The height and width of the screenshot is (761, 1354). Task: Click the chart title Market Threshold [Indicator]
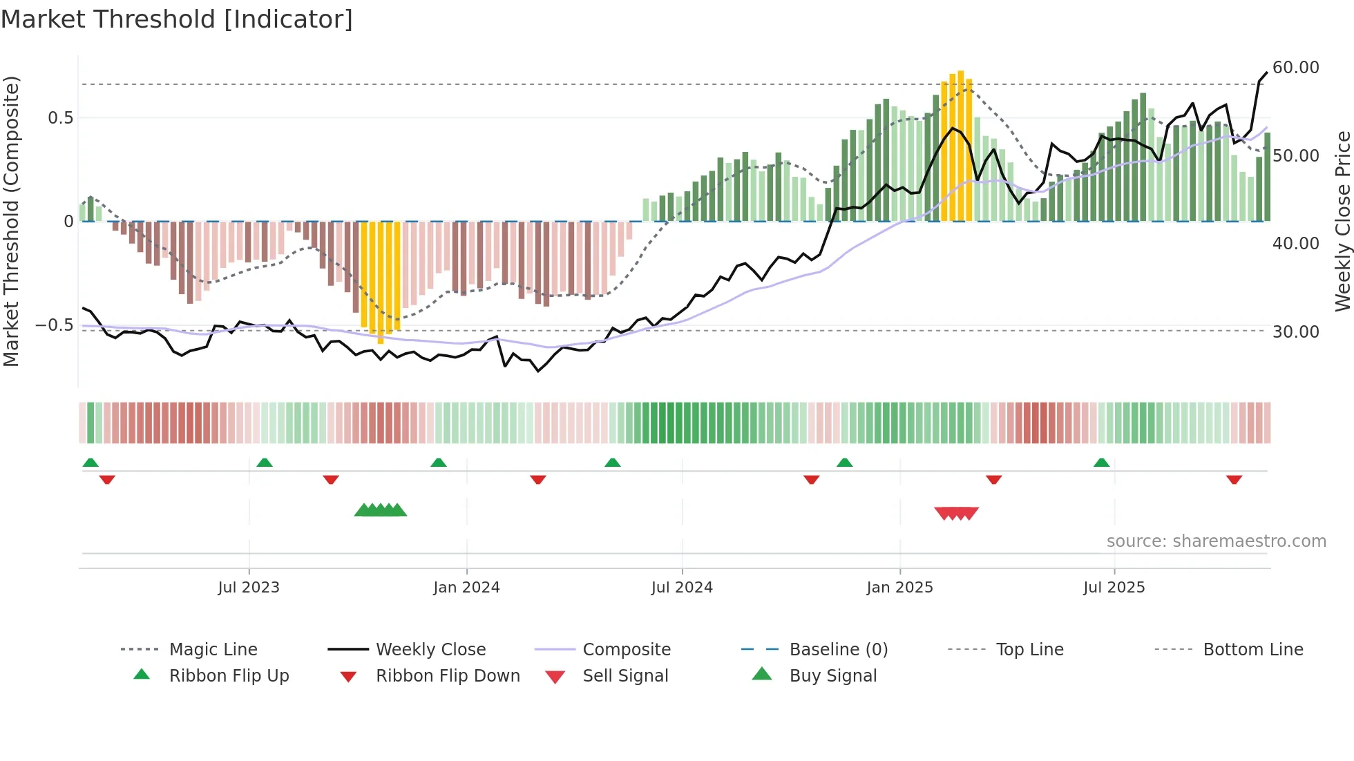(177, 19)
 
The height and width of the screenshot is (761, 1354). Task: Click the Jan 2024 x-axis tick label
(466, 587)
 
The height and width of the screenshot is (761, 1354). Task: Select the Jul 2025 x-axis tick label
(1114, 587)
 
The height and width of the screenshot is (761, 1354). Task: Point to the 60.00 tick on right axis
(1295, 68)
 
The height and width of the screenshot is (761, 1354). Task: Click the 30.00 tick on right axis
(1295, 331)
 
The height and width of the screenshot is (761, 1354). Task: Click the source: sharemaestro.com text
(1216, 541)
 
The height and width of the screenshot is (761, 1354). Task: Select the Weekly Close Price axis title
(1342, 221)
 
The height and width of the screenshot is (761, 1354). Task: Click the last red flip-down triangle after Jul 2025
(1234, 479)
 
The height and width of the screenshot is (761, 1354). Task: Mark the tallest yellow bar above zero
(961, 145)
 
